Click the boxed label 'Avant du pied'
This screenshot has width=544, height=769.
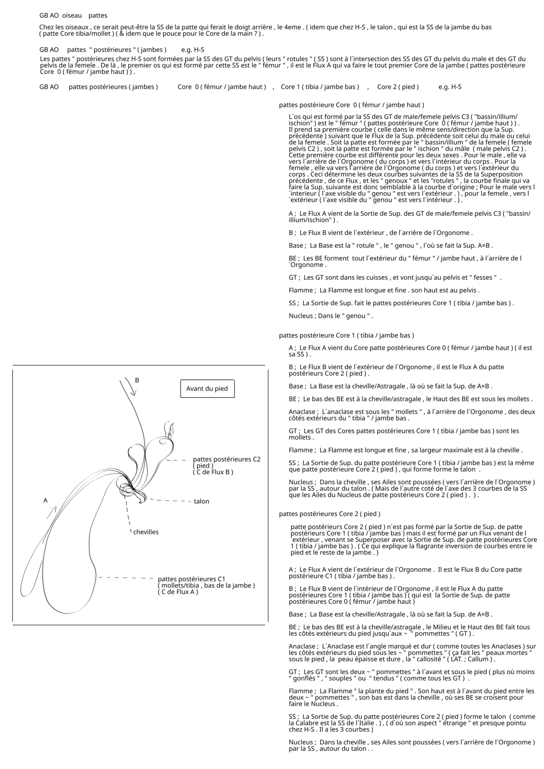(x=207, y=389)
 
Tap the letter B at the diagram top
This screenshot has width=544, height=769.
(x=137, y=380)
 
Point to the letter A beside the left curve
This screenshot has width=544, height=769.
(x=45, y=500)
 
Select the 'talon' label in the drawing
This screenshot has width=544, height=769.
(x=201, y=502)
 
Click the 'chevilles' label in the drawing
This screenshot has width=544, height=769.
(x=146, y=532)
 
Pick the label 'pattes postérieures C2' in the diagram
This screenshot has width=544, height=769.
(x=227, y=459)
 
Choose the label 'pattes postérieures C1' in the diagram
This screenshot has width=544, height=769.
(x=191, y=579)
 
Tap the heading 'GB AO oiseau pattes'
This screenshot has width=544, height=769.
(x=73, y=15)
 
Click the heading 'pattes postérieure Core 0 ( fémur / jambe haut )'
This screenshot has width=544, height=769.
(x=351, y=105)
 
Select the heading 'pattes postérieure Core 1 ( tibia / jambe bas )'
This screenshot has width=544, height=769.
(x=346, y=336)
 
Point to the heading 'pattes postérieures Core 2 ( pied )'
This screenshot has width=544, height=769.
(x=330, y=514)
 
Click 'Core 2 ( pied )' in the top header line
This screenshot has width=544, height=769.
(x=398, y=87)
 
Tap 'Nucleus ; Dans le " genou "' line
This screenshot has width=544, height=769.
(x=330, y=316)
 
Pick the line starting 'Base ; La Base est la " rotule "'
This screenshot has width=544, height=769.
(x=390, y=246)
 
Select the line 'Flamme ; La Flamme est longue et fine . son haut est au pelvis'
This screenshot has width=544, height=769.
(x=384, y=290)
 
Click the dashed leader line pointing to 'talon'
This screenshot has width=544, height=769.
(x=170, y=501)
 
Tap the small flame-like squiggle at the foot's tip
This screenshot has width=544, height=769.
(x=170, y=428)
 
